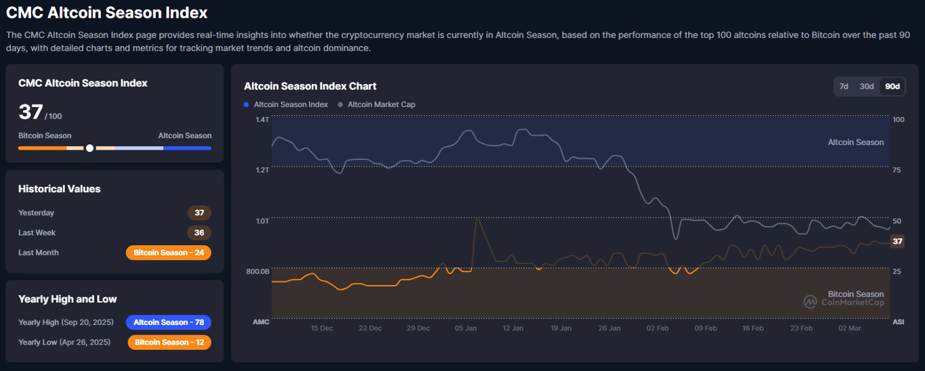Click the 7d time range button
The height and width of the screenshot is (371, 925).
point(844,86)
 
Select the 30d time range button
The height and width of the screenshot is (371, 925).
point(867,86)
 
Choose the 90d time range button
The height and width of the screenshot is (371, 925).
point(892,86)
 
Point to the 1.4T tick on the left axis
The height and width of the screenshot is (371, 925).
point(262,120)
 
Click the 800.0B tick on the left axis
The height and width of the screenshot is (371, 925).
point(258,271)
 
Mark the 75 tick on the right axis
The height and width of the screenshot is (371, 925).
point(897,170)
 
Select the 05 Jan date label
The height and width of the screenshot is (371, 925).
point(465,328)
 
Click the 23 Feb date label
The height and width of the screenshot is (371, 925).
point(801,328)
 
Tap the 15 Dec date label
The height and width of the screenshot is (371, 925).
point(322,328)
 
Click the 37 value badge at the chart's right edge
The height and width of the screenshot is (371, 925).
point(897,241)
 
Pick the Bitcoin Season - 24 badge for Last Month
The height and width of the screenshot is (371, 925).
point(169,253)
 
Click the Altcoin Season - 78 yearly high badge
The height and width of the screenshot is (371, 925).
point(169,322)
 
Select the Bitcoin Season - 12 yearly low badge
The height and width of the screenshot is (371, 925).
point(169,342)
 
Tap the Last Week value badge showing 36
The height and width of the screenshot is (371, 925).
point(199,233)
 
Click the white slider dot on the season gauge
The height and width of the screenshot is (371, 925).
point(89,148)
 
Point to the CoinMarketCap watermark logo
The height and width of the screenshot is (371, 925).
point(810,302)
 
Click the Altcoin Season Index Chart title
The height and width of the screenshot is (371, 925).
point(310,86)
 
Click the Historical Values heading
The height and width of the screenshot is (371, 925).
point(60,189)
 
